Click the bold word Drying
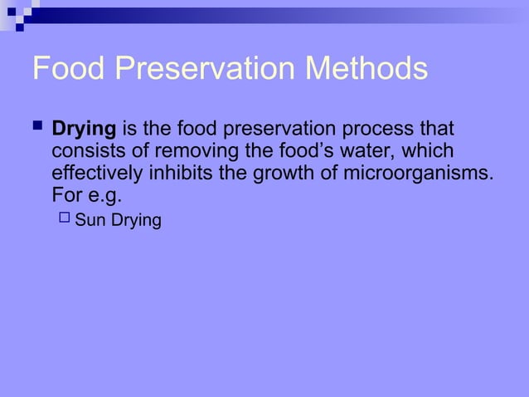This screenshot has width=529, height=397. [x=84, y=132]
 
